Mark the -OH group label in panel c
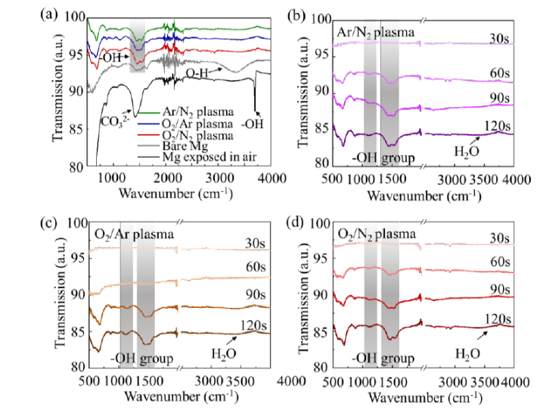[x=140, y=357]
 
